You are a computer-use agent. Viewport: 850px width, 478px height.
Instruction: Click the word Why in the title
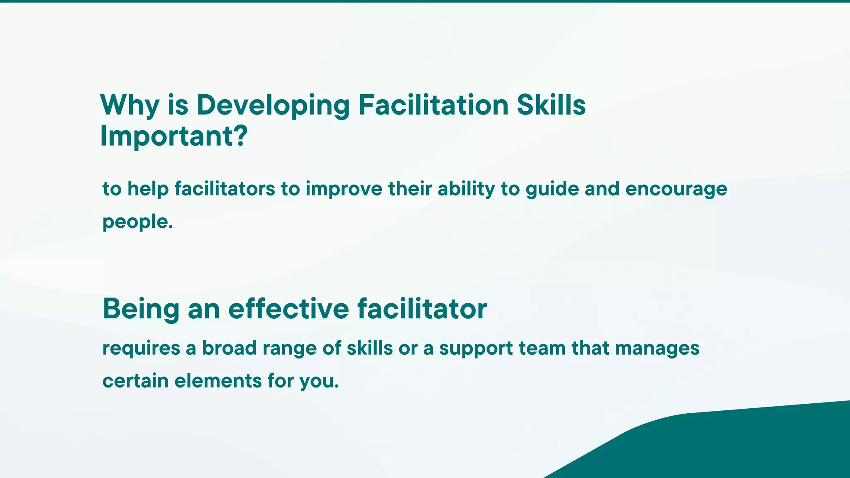point(129,105)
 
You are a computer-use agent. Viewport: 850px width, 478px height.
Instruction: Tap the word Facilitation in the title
point(433,105)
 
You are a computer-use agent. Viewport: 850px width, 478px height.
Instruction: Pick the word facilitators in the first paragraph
point(225,189)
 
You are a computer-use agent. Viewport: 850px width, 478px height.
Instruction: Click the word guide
point(552,189)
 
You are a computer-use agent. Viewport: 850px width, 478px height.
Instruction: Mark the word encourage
point(676,189)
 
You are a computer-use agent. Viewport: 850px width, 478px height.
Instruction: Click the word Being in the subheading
point(141,309)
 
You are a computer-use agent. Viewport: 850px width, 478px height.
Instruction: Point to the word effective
point(288,309)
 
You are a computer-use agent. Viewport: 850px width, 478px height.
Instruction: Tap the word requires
point(141,348)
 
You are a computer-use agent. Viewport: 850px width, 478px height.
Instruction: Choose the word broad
point(230,348)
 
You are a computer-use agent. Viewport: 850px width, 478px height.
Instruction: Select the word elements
point(218,381)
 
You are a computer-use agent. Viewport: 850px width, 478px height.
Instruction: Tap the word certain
point(135,381)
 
